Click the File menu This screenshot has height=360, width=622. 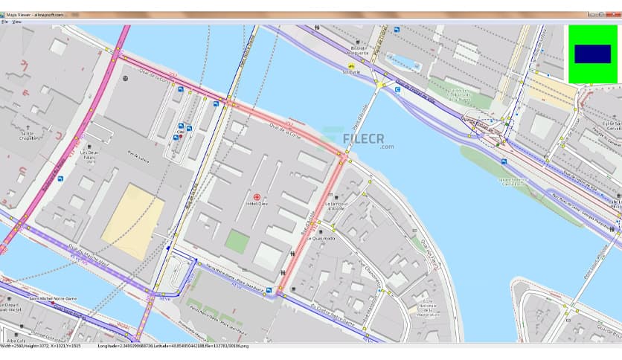click(4, 22)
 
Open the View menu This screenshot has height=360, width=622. click(16, 22)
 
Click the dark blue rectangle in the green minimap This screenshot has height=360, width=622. click(592, 54)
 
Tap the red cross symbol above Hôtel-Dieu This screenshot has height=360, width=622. click(257, 198)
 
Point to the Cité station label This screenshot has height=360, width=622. click(180, 132)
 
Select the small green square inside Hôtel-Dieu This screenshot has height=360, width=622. click(237, 241)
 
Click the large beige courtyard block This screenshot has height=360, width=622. click(133, 222)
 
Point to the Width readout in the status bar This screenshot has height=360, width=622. click(11, 346)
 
